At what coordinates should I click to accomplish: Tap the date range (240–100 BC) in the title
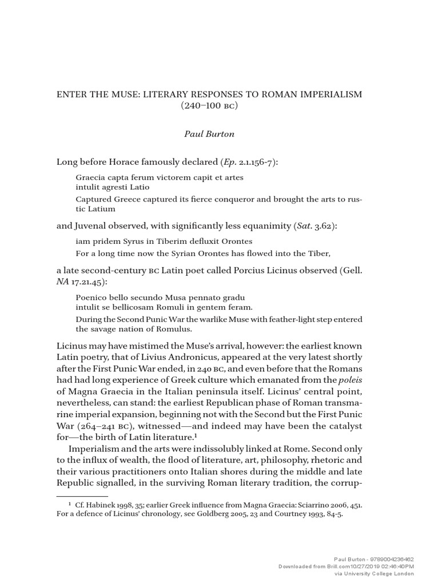coord(219,107)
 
